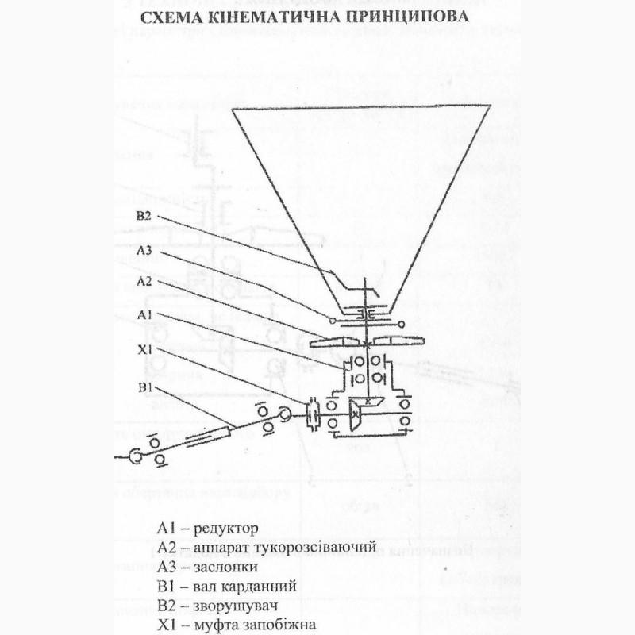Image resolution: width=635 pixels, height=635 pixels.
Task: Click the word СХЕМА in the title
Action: (168, 17)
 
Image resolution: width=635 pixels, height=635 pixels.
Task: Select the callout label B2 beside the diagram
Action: (143, 216)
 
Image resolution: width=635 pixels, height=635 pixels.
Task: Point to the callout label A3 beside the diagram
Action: (143, 249)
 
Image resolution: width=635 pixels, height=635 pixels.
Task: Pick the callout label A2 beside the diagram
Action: (143, 282)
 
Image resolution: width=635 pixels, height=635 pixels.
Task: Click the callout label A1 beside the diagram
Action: (143, 315)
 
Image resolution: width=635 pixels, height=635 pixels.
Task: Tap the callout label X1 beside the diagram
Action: (143, 348)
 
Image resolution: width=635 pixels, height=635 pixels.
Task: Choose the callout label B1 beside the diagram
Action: (143, 388)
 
